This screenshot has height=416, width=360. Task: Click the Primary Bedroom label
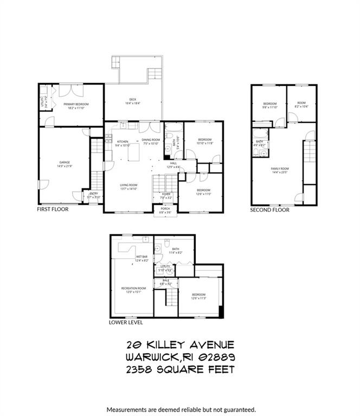(x=76, y=105)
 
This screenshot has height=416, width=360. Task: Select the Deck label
(x=133, y=100)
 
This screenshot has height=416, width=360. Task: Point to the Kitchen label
(x=123, y=142)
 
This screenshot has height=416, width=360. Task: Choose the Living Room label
(x=128, y=185)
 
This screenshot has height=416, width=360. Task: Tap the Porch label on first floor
(x=165, y=209)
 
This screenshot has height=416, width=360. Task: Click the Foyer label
(x=166, y=194)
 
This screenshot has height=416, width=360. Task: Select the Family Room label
(x=280, y=168)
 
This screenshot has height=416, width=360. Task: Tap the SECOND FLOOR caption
(x=269, y=210)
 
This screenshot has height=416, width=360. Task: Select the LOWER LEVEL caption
(x=126, y=322)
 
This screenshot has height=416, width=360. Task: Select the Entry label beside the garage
(x=94, y=193)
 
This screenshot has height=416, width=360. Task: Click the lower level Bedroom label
(x=198, y=296)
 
